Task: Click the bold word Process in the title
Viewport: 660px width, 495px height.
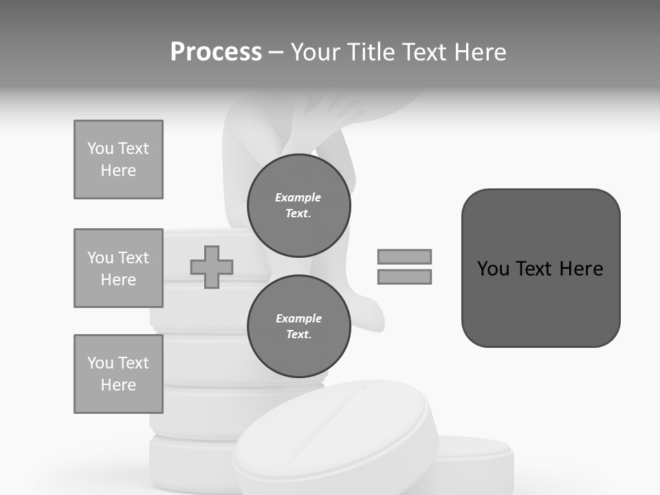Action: tap(216, 52)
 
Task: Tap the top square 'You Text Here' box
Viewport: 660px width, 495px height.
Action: tap(118, 159)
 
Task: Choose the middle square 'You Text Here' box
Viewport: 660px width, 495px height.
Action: tap(118, 268)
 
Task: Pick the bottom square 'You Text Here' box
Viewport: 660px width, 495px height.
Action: tap(118, 374)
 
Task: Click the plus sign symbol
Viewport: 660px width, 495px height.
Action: tap(212, 267)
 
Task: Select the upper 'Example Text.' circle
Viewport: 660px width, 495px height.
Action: tap(298, 206)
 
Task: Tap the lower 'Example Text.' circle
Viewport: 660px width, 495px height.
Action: tap(298, 327)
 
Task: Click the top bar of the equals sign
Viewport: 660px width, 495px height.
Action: tap(404, 256)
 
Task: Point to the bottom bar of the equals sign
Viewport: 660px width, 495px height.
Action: tap(404, 276)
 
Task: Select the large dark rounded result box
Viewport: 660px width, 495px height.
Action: tap(540, 302)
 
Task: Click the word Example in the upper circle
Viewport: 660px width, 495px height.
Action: tap(298, 197)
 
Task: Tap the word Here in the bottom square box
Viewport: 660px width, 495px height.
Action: tap(118, 385)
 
